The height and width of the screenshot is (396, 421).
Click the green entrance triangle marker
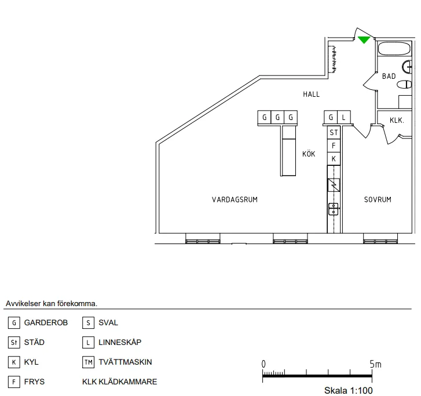click(364, 39)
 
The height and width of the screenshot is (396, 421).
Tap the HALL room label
click(311, 94)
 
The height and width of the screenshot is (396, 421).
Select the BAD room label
click(389, 76)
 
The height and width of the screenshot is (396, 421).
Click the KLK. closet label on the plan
click(397, 121)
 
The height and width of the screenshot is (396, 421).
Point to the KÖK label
click(309, 154)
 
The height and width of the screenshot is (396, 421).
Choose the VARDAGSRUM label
click(235, 199)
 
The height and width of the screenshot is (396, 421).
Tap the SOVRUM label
click(378, 199)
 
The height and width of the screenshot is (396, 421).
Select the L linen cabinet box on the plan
click(344, 118)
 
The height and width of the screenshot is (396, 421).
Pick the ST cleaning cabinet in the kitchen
click(334, 133)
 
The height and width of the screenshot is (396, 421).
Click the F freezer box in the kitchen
click(334, 146)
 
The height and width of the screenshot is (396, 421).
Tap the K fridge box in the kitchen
click(334, 158)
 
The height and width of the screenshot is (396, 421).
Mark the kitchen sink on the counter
click(334, 209)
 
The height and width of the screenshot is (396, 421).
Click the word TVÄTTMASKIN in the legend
click(125, 362)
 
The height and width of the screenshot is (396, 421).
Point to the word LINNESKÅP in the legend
click(120, 343)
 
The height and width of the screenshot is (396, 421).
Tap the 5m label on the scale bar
click(376, 364)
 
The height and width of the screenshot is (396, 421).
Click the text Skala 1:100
click(348, 390)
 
